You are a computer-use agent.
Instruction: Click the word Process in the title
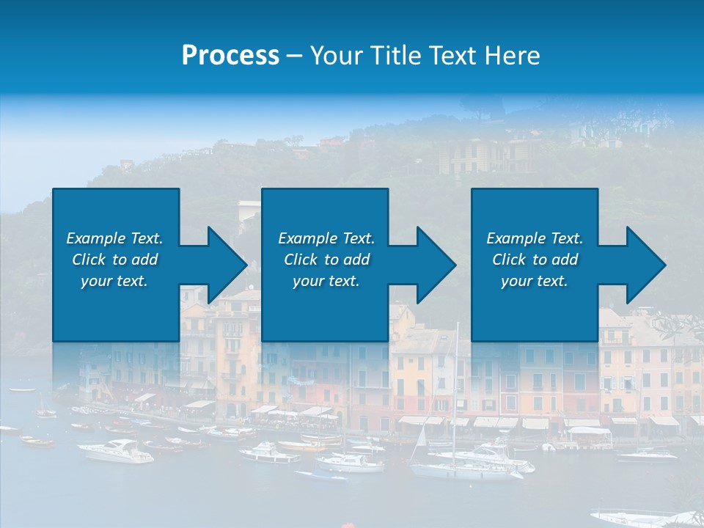point(230,56)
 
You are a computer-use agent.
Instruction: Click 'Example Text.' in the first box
point(114,238)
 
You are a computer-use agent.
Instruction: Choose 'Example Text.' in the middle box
point(326,238)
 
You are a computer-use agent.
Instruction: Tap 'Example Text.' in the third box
point(535,238)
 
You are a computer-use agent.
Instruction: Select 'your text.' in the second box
point(326,281)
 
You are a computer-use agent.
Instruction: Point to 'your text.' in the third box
point(535,281)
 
